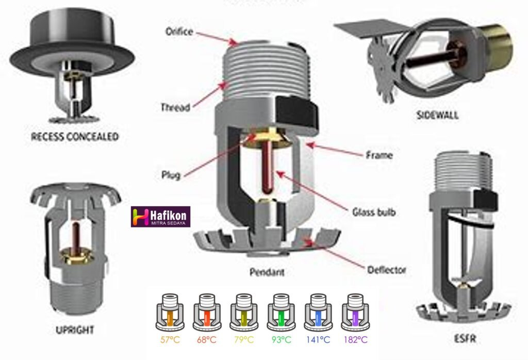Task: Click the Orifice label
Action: point(178,32)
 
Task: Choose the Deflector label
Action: point(386,270)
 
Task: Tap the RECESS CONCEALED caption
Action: point(75,137)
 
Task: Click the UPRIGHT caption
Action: point(75,329)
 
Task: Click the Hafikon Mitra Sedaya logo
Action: point(161,217)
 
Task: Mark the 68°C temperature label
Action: point(205,340)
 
